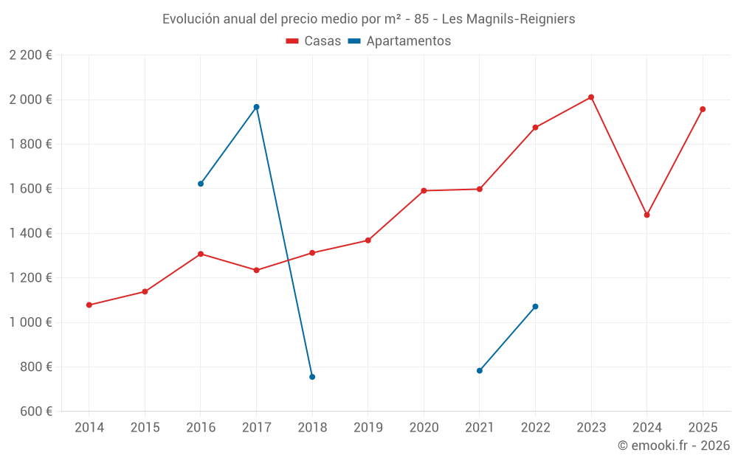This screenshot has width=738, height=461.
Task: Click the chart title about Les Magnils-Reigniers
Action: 368,19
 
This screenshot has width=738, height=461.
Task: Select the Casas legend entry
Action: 314,41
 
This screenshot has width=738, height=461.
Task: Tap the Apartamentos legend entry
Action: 399,41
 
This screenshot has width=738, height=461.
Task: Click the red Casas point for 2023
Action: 591,97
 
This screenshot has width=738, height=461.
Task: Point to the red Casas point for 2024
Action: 647,215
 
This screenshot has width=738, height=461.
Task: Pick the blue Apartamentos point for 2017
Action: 256,107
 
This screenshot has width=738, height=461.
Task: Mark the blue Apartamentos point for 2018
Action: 312,377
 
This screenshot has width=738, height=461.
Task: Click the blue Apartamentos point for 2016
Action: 201,184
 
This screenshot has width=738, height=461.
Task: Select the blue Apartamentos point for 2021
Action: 480,371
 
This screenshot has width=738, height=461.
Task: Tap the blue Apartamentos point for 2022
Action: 535,307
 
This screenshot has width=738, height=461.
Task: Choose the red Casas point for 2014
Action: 89,305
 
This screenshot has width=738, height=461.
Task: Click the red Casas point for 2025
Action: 703,109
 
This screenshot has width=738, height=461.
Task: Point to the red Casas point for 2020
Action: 424,191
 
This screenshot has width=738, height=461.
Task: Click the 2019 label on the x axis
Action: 368,428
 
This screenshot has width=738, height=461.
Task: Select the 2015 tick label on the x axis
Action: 145,428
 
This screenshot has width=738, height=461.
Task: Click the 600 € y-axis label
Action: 35,412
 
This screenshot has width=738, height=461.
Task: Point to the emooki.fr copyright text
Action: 673,446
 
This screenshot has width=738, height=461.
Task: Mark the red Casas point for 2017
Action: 256,271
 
